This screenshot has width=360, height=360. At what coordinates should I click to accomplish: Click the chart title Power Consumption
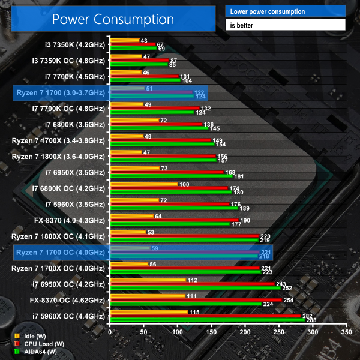coord(113,19)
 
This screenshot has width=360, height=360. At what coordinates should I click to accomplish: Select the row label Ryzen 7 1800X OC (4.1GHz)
coord(59,235)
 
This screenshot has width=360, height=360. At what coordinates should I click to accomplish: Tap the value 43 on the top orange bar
coord(143,41)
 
